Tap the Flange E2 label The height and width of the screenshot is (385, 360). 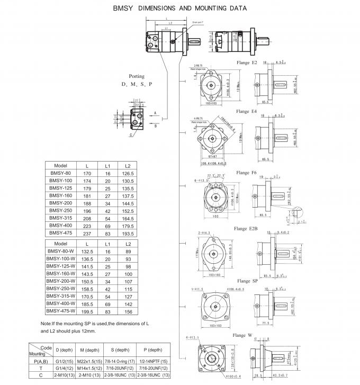[x=246, y=63]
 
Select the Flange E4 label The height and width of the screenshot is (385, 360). [x=246, y=112]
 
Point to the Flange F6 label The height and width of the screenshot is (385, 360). [x=246, y=173]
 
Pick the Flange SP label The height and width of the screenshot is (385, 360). [x=247, y=281]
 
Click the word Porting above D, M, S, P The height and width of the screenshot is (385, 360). [x=137, y=76]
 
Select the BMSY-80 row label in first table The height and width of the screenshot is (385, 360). [x=60, y=173]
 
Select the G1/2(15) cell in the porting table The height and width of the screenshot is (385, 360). [x=64, y=361]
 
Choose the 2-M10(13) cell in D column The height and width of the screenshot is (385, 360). [x=64, y=375]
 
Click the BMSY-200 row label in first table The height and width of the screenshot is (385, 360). [x=60, y=203]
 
